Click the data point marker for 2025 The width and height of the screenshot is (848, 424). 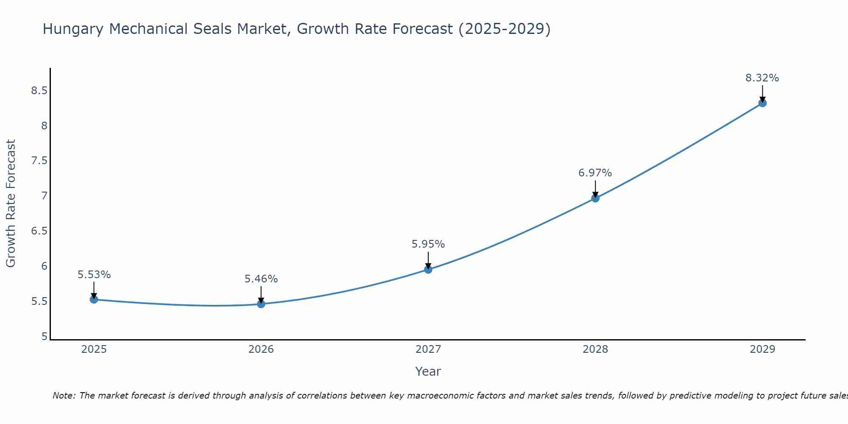pos(94,299)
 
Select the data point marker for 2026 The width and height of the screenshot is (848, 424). pos(261,304)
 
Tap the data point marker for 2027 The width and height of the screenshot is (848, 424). pos(428,269)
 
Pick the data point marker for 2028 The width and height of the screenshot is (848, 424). pos(595,198)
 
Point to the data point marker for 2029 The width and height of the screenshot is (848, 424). pos(762,103)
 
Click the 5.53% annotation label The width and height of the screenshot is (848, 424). pos(94,275)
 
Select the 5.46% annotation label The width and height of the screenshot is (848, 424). pos(261,279)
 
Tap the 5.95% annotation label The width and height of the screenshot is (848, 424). pos(428,244)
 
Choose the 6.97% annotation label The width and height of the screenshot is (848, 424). pos(595,173)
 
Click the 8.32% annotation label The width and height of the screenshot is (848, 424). pos(762,78)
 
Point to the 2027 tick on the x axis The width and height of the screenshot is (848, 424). pos(428,349)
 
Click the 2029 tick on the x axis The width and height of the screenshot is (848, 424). pos(762,349)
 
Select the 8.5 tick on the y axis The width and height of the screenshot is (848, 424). pos(39,91)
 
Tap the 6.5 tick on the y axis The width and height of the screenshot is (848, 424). pos(39,231)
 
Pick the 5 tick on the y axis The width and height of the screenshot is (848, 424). pos(44,337)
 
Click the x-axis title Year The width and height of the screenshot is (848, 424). pos(428,371)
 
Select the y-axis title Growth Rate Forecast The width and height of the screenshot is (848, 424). pos(11,204)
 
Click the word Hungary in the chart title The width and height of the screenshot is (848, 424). pos(73,29)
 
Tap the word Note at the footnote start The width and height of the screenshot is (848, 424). pos(64,396)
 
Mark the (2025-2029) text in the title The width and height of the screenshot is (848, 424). pos(505,29)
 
